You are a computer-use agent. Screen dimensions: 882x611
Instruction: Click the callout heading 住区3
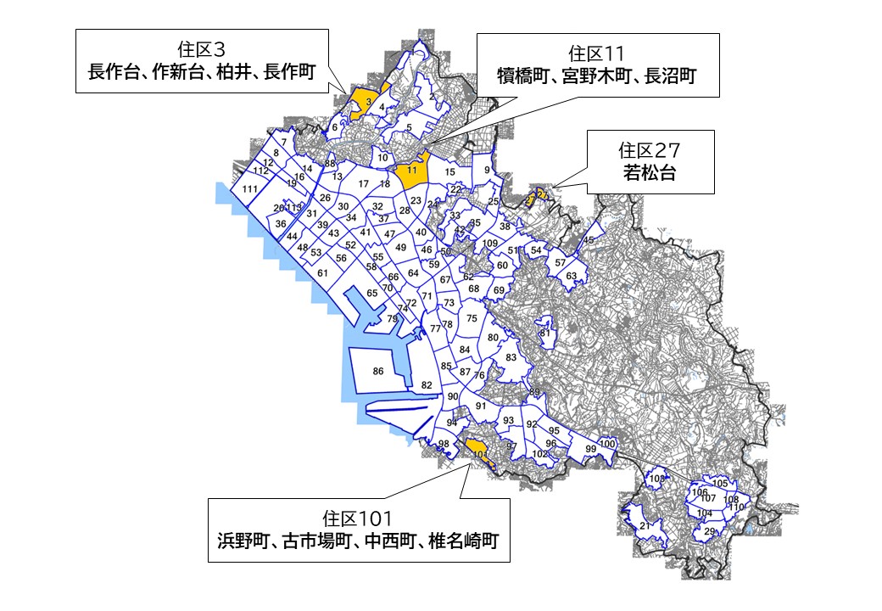click(202, 49)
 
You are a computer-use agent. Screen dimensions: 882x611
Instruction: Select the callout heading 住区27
click(650, 150)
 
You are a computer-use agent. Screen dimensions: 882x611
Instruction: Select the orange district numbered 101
click(480, 454)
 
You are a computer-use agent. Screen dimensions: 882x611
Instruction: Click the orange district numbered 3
click(367, 103)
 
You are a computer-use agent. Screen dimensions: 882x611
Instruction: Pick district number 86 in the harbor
click(378, 371)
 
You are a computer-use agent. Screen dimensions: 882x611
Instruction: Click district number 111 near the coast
click(249, 188)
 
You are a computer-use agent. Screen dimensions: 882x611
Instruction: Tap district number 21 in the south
click(645, 526)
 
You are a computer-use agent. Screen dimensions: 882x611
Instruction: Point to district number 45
click(589, 240)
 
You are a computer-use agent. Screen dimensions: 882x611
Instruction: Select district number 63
click(572, 276)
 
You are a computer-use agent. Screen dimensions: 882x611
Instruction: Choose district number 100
click(606, 443)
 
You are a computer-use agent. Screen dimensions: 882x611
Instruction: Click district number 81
click(545, 333)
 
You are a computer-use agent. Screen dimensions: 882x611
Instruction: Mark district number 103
click(656, 479)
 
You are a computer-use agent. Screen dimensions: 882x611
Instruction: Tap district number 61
click(322, 272)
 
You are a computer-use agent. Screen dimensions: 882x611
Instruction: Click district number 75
click(472, 318)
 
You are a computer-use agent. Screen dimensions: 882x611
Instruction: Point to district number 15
click(450, 172)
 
